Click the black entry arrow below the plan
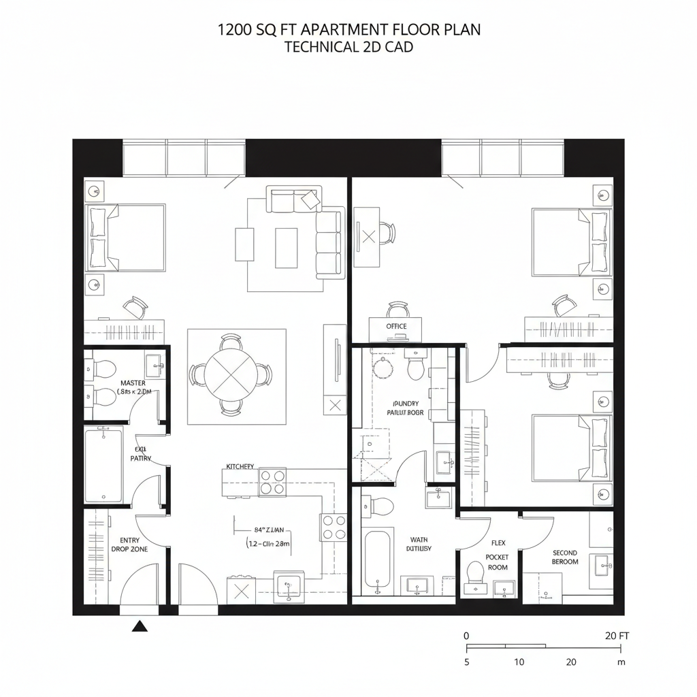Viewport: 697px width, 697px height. pos(140,626)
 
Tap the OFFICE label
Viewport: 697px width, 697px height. pos(396,327)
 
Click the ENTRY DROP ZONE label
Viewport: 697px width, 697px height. pos(129,545)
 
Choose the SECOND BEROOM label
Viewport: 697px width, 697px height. pos(565,557)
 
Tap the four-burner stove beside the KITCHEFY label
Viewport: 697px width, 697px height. pos(272,482)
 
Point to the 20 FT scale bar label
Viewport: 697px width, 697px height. pos(617,636)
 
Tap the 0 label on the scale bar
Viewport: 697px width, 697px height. pos(466,636)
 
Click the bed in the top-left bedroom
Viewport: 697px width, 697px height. pos(125,237)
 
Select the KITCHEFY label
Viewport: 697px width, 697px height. pos(240,467)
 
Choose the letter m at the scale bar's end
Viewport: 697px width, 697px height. pos(621,662)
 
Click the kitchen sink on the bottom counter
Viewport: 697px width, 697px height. pos(289,585)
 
